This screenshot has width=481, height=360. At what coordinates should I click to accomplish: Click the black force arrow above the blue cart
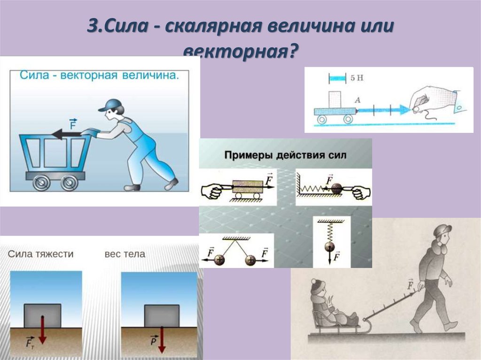tap(67, 134)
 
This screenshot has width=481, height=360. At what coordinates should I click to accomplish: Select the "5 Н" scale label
tap(357, 78)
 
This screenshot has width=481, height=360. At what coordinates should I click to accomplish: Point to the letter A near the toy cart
tap(357, 100)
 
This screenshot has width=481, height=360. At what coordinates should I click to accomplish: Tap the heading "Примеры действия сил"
tap(285, 155)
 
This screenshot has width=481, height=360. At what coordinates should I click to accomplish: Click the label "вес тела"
tap(124, 254)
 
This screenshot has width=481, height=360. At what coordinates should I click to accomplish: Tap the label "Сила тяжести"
tap(40, 254)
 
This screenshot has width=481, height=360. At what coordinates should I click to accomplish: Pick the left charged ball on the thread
tap(219, 260)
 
